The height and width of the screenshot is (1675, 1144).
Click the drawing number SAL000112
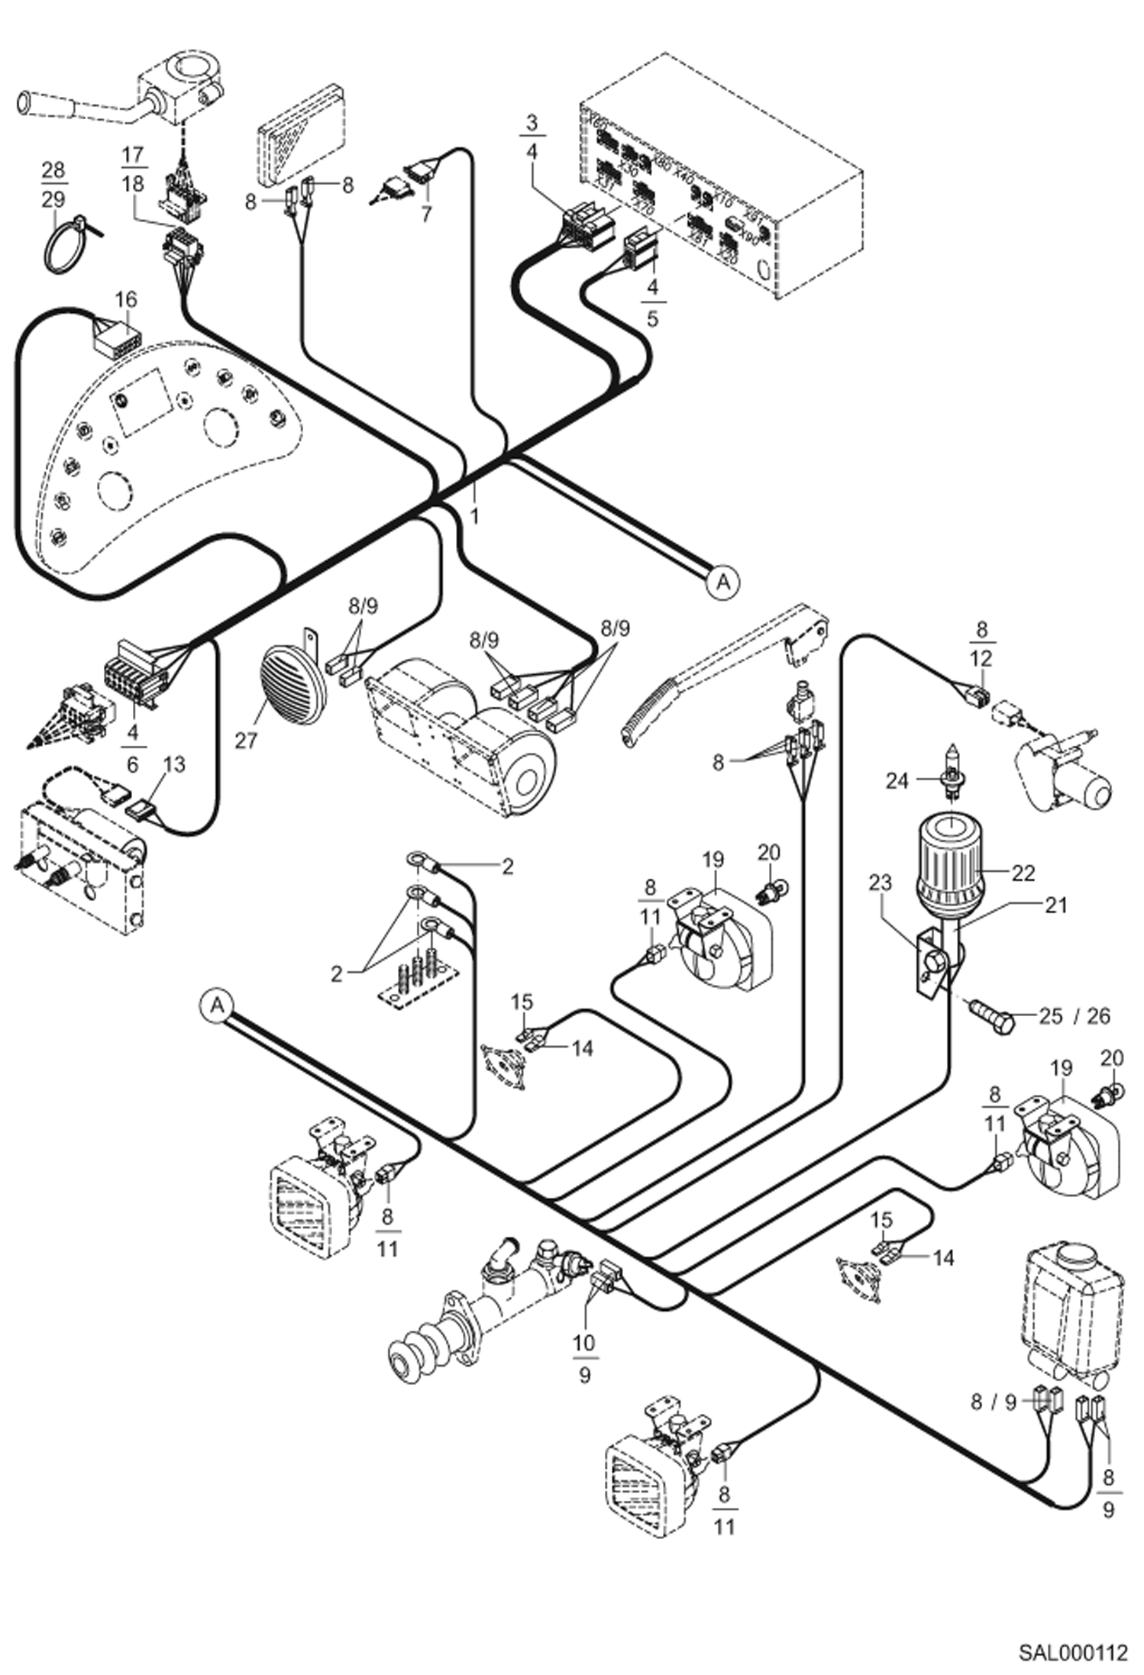pyautogui.click(x=1072, y=1652)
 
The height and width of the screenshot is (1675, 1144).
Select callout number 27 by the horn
pyautogui.click(x=246, y=740)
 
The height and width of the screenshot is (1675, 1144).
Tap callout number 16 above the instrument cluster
pyautogui.click(x=126, y=299)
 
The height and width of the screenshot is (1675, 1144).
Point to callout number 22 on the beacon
pyautogui.click(x=1023, y=873)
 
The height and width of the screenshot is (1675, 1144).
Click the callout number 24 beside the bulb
pyautogui.click(x=897, y=780)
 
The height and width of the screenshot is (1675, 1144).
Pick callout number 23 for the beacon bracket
pyautogui.click(x=880, y=883)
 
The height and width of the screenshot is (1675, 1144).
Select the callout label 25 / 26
pyautogui.click(x=1075, y=1016)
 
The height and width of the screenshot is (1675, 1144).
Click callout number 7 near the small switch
pyautogui.click(x=426, y=213)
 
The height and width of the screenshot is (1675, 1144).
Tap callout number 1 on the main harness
pyautogui.click(x=474, y=516)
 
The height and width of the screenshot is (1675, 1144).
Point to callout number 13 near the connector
pyautogui.click(x=174, y=763)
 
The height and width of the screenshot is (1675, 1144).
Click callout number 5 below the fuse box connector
pyautogui.click(x=651, y=319)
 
